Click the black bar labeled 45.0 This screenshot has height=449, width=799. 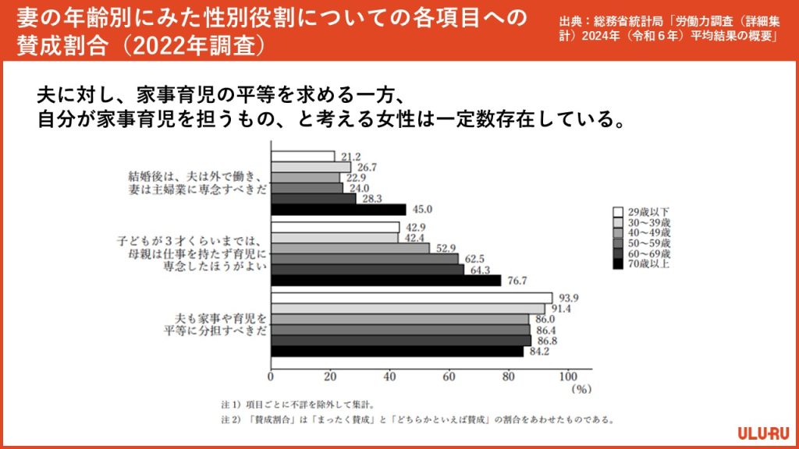click(x=338, y=209)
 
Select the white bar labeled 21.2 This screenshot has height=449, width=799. click(x=302, y=156)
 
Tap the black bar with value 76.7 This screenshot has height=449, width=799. click(x=385, y=280)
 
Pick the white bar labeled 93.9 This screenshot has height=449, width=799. click(x=411, y=298)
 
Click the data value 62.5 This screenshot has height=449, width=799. click(x=474, y=259)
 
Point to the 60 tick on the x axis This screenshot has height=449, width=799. click(x=449, y=376)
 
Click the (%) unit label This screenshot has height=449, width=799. click(x=581, y=387)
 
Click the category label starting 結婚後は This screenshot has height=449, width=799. click(x=198, y=182)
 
